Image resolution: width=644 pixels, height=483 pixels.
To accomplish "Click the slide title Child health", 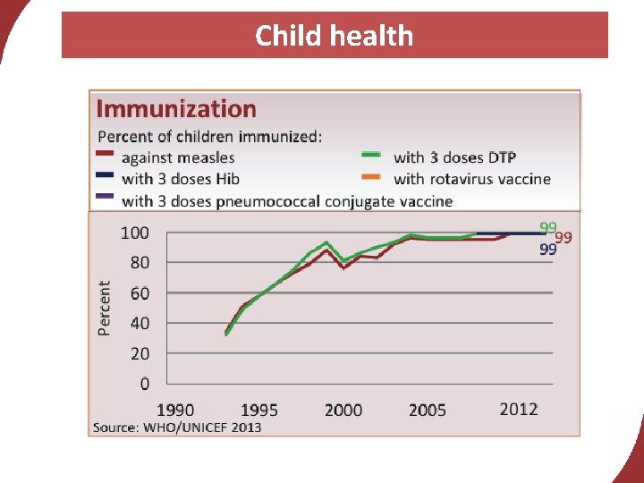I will click(334, 36).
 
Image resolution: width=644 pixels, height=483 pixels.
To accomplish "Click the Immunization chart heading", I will click(175, 109).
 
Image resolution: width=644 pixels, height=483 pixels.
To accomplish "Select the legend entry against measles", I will click(178, 158).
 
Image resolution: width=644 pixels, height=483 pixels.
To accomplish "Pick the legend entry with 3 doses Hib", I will click(180, 179).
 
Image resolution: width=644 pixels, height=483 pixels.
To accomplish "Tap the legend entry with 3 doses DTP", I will click(454, 158).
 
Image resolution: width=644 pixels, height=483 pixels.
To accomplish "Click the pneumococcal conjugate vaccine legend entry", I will click(286, 200).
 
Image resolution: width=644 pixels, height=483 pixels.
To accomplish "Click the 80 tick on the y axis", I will click(137, 263).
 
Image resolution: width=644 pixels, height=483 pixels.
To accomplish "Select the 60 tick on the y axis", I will click(137, 293).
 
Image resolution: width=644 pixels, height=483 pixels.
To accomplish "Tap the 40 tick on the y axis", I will click(137, 323).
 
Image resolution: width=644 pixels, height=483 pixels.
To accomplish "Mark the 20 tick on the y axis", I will click(137, 353).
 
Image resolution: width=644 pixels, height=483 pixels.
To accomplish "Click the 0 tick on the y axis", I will click(144, 384).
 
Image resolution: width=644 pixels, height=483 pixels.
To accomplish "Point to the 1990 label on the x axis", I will click(175, 410).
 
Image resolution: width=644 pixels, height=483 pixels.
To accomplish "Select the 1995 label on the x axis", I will click(258, 410).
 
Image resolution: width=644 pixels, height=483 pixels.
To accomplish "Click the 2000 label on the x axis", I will click(343, 410).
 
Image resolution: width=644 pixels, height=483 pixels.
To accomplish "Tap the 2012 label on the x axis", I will click(519, 409).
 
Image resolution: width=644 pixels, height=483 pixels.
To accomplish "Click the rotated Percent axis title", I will click(105, 308).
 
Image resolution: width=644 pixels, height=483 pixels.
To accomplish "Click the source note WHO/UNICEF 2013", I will click(177, 428).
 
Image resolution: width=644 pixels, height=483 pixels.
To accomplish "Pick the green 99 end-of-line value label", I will click(547, 228).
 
